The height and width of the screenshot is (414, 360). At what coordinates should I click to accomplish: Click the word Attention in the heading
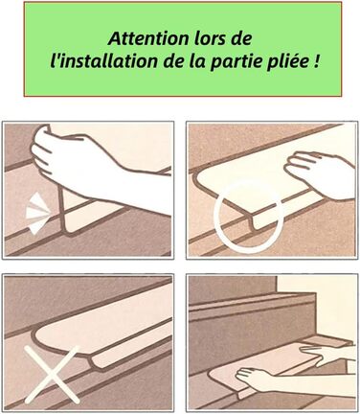click(x=148, y=38)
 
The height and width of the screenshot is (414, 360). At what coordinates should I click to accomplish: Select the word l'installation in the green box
click(x=104, y=61)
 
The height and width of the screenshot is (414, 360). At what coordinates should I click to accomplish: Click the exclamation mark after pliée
click(x=316, y=61)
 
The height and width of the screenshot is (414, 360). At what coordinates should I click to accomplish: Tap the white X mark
click(x=52, y=375)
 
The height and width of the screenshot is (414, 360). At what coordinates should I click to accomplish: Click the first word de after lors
click(x=240, y=38)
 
